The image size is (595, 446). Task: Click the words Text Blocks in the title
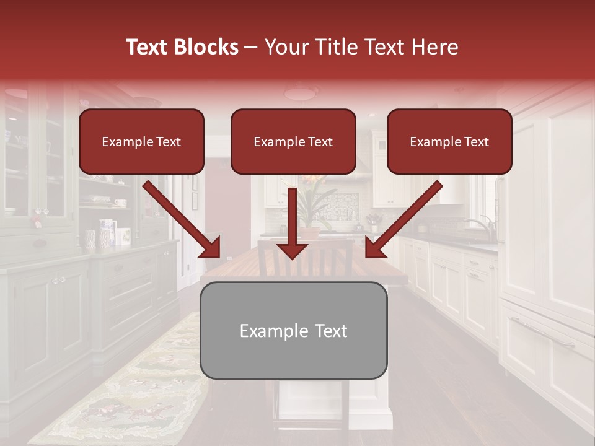182,47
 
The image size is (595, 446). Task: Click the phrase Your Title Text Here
361,47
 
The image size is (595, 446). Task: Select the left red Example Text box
141,141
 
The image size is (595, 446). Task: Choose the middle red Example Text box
293,141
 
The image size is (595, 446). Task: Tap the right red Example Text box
449,141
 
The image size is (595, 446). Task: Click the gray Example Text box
293,330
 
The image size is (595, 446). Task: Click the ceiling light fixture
301,93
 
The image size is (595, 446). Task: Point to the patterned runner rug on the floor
130,390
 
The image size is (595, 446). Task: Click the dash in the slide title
251,47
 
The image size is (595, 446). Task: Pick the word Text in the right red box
477,141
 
